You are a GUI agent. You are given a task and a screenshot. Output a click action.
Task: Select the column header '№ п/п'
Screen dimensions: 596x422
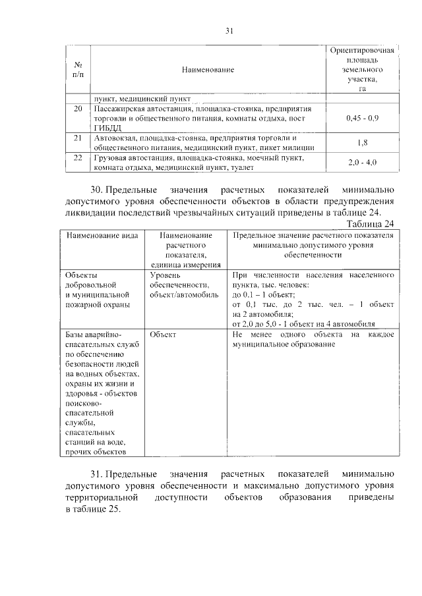coord(78,69)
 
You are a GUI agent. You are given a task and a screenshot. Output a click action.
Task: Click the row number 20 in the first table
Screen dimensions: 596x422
coord(78,108)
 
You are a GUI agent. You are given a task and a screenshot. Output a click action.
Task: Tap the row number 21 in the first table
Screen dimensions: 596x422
coord(78,138)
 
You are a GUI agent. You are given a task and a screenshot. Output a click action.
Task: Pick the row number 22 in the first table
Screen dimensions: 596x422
coord(78,159)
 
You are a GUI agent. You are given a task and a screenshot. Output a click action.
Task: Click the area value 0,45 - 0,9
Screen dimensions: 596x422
coord(362,118)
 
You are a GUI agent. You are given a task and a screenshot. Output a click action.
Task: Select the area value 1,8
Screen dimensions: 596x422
coord(362,143)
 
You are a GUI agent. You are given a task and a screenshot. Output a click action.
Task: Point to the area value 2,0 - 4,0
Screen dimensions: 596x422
coord(362,163)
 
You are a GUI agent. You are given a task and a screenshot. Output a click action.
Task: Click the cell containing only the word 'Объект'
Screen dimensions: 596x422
coord(163,335)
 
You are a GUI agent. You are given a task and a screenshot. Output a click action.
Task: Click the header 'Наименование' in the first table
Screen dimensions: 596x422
coord(208,69)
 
